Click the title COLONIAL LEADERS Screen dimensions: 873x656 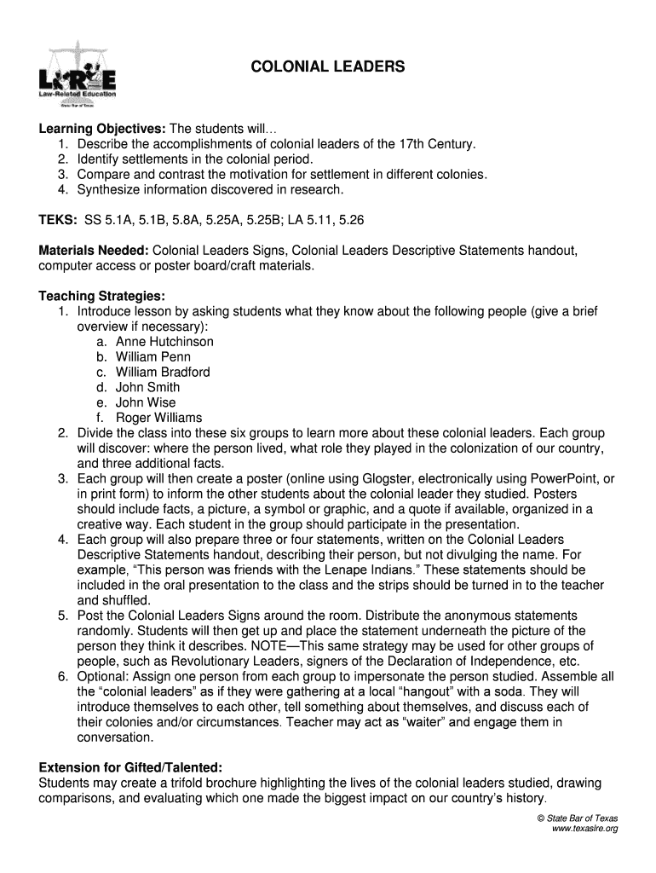pyautogui.click(x=328, y=66)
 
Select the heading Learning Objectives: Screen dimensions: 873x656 pyautogui.click(x=91, y=129)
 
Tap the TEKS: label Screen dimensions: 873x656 pyautogui.click(x=58, y=220)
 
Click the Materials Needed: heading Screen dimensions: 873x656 pyautogui.click(x=94, y=251)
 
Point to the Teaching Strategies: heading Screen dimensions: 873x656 pyautogui.click(x=101, y=296)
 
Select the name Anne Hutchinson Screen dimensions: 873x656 pyautogui.click(x=164, y=342)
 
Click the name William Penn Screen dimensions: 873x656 pyautogui.click(x=153, y=357)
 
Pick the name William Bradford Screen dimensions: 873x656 pyautogui.click(x=163, y=373)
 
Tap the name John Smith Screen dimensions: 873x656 pyautogui.click(x=147, y=388)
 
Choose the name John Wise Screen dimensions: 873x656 pyautogui.click(x=146, y=403)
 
